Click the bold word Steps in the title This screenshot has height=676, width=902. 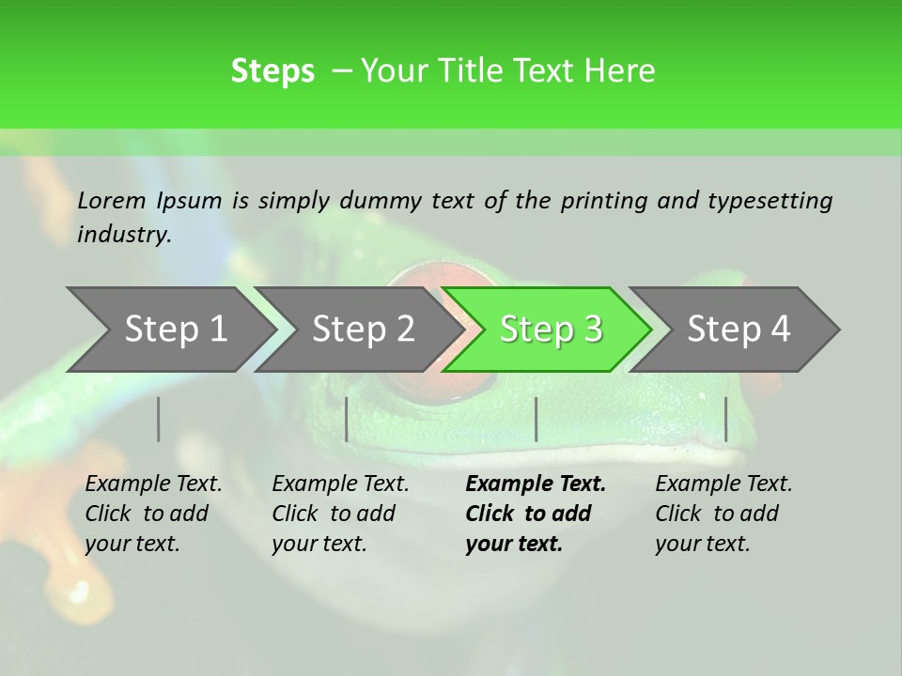click(272, 71)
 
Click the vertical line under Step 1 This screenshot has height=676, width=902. click(159, 419)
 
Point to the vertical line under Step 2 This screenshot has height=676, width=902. click(347, 419)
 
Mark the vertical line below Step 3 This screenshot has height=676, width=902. click(537, 419)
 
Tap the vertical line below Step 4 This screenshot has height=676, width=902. click(726, 419)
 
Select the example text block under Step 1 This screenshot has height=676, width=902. click(153, 514)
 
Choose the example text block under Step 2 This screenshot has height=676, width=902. click(340, 514)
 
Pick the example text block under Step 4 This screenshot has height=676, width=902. click(723, 514)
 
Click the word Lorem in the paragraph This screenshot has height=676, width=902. click(111, 201)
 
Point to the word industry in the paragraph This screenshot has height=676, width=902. click(124, 235)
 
